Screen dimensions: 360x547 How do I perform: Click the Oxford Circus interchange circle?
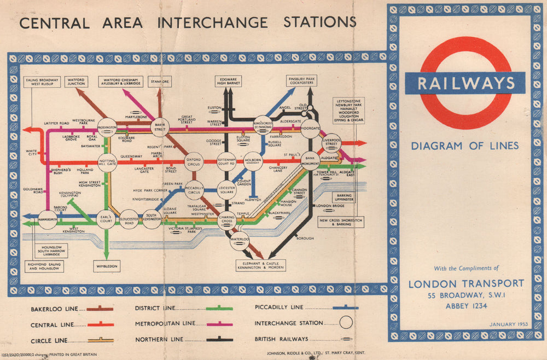(194, 161)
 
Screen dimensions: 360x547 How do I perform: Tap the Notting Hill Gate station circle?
(107, 162)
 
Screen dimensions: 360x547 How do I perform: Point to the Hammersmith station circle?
(48, 219)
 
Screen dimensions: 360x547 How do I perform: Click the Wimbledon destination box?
(107, 266)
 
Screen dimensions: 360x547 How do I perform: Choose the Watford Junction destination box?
(76, 82)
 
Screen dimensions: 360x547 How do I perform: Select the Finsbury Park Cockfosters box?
(302, 82)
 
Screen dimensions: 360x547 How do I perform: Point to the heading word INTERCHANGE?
(212, 23)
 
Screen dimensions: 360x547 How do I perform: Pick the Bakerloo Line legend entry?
(71, 309)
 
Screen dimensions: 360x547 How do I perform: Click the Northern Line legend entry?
(183, 339)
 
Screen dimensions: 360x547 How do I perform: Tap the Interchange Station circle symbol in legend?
(346, 323)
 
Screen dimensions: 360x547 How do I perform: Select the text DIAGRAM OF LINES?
(465, 146)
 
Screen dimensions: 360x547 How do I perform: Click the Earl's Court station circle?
(106, 219)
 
